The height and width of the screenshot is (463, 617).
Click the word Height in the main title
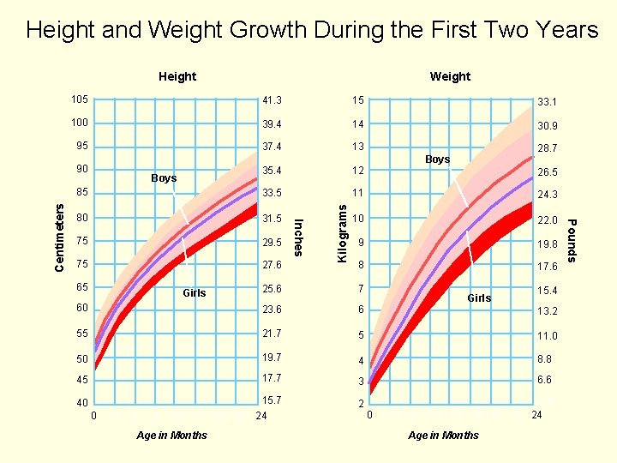pos(60,30)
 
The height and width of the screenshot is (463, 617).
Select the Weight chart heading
pos(450,76)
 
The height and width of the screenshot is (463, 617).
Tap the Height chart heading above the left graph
pos(177,76)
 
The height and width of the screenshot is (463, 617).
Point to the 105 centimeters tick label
pos(81,99)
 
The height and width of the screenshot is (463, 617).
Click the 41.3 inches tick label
pos(273,101)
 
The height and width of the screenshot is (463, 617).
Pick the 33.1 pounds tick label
pos(547,102)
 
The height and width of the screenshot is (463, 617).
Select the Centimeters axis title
pos(59,236)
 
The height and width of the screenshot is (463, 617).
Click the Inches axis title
pos(298,237)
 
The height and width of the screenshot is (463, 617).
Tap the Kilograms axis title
pos(342,232)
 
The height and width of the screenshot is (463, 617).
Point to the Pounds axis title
pos(572,242)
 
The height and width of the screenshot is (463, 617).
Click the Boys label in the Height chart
pos(164,178)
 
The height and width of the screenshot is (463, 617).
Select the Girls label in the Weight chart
pos(479,298)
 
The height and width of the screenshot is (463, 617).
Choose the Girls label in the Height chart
pos(195,293)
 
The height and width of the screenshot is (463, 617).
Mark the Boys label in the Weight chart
pos(437,159)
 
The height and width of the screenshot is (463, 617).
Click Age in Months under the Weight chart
pos(443,436)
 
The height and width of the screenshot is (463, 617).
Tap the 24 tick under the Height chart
pos(261,418)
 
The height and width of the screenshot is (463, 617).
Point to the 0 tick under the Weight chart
pos(369,416)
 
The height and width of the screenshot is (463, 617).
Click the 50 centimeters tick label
pos(81,358)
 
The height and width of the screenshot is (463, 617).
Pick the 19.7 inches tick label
pos(273,357)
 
